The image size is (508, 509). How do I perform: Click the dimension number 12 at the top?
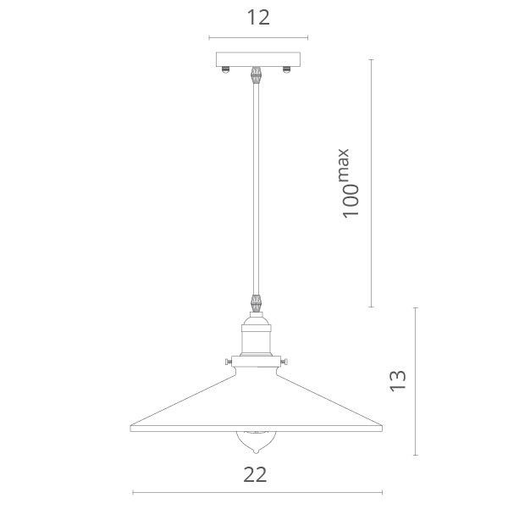(x=258, y=18)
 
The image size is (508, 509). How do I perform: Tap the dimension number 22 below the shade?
(x=255, y=474)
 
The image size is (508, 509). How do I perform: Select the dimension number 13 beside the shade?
(x=398, y=381)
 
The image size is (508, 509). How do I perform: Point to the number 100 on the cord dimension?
(x=351, y=201)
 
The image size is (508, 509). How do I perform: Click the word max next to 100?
(x=344, y=164)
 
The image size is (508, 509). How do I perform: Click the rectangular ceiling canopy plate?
(x=258, y=59)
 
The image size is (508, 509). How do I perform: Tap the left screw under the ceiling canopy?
(x=225, y=69)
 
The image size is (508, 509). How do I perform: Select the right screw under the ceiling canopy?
(x=286, y=69)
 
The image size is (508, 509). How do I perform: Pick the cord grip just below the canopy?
(x=256, y=75)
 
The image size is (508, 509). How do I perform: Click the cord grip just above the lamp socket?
(x=256, y=303)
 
